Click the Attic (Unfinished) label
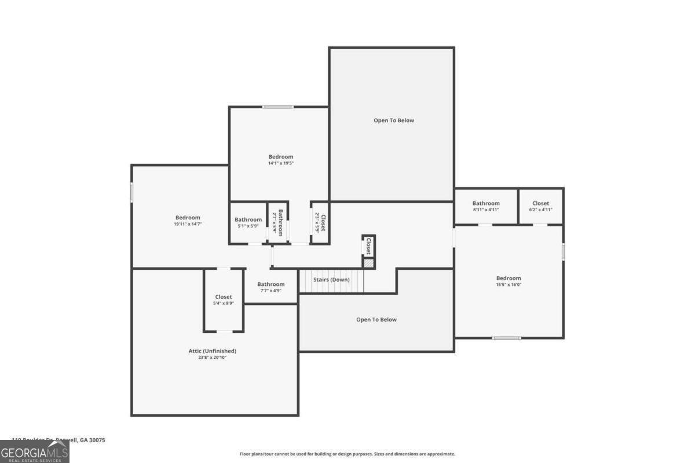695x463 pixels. point(212,351)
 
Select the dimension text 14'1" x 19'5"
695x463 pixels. point(280,164)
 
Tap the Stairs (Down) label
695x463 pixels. point(331,280)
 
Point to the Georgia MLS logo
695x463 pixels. point(35,451)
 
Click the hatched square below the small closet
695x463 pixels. point(368,263)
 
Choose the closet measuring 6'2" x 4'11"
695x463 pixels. point(540,207)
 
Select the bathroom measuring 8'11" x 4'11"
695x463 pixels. point(485,207)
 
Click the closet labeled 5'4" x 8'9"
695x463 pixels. point(224,300)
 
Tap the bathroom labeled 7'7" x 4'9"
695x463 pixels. point(271,287)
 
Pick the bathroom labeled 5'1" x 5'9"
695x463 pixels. point(248,222)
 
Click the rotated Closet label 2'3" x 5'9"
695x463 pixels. point(320,223)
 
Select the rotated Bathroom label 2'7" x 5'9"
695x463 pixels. point(278,222)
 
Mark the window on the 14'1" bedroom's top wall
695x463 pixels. point(278,106)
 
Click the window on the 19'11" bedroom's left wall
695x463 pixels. point(132,192)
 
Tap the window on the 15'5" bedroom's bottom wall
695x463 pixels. point(506,337)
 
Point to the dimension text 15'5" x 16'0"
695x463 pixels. point(509,285)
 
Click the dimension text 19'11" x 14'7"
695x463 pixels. point(188,224)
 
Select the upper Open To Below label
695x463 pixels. point(394,120)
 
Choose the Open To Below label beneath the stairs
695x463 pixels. point(376,319)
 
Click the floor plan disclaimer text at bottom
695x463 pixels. point(348,454)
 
